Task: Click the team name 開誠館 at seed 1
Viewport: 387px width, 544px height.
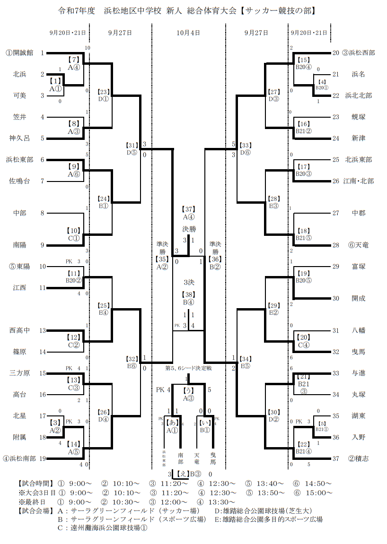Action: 22,53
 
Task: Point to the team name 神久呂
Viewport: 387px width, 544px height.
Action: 19,138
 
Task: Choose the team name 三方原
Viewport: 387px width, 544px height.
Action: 19,373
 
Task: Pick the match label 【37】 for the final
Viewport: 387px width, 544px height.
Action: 189,209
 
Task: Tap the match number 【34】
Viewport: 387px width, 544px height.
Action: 246,359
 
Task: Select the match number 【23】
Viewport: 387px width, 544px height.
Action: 104,92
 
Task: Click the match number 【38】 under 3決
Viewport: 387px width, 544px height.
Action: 189,294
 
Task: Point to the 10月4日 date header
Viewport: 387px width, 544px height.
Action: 188,33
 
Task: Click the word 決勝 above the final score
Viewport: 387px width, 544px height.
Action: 189,229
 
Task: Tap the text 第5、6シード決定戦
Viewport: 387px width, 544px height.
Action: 189,367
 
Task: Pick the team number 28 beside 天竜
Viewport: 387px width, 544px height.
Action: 336,245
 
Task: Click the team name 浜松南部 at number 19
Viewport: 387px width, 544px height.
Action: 22,458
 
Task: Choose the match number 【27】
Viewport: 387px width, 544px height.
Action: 274,92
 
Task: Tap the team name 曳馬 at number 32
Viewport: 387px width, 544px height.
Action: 358,352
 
